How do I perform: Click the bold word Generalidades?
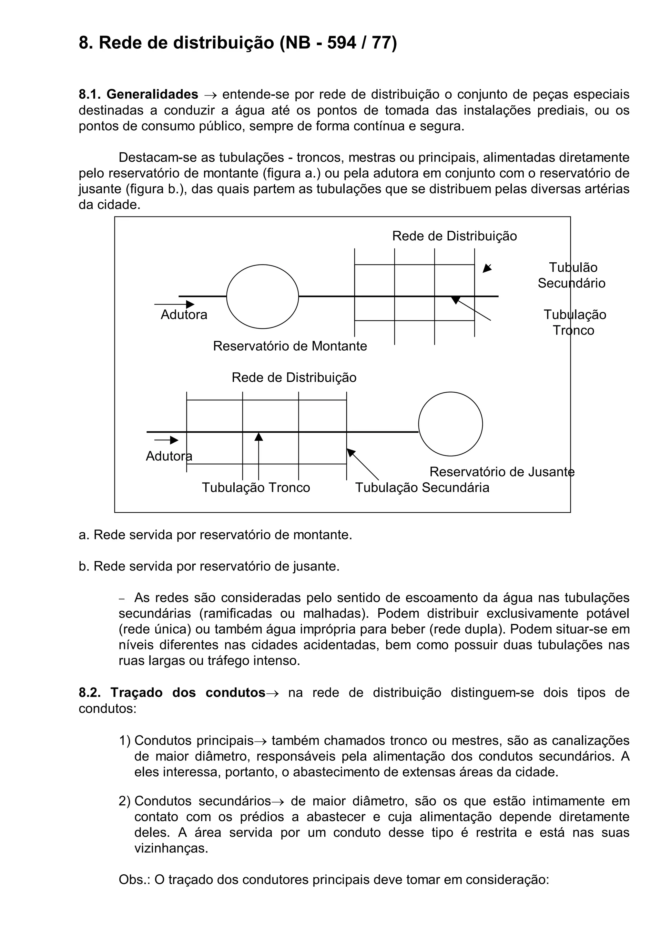pos(152,95)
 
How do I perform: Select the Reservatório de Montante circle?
pos(262,297)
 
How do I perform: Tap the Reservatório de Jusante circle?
pos(451,424)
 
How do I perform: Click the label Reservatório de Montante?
pos(290,346)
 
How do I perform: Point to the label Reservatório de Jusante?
pos(502,472)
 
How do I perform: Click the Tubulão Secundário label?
pos(572,275)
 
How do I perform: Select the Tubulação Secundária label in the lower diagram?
pos(422,488)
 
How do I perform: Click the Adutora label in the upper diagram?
pos(184,315)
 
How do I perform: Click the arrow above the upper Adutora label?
pos(174,304)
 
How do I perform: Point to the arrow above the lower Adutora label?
pos(167,440)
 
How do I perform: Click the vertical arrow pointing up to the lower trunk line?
pos(259,456)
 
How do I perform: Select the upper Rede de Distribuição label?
pos(454,236)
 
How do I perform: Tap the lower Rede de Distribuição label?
pos(294,377)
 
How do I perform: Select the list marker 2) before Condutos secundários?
pos(125,801)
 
